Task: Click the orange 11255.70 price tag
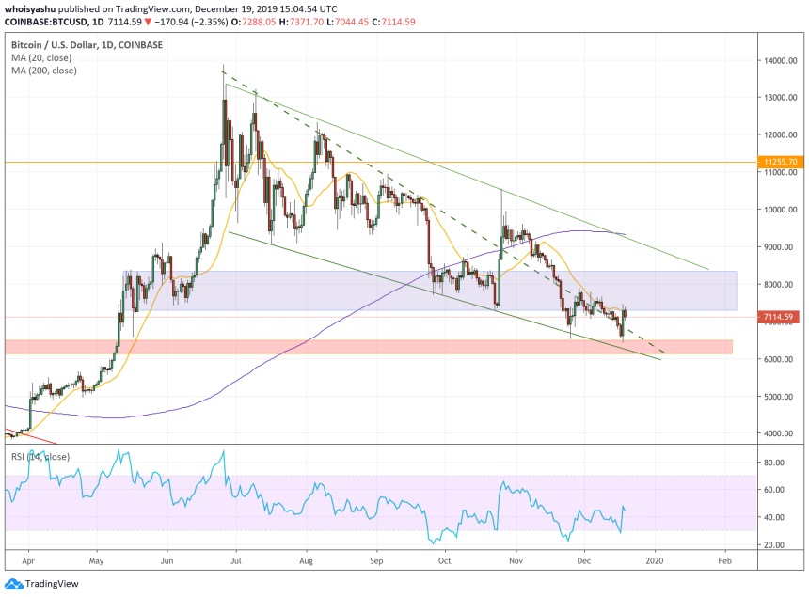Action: coord(781,163)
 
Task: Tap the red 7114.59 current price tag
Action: coord(781,317)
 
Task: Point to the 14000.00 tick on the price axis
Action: coord(781,60)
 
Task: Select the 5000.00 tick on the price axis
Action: coord(781,397)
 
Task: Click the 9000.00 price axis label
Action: coord(781,247)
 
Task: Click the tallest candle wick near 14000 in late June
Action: coord(223,69)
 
